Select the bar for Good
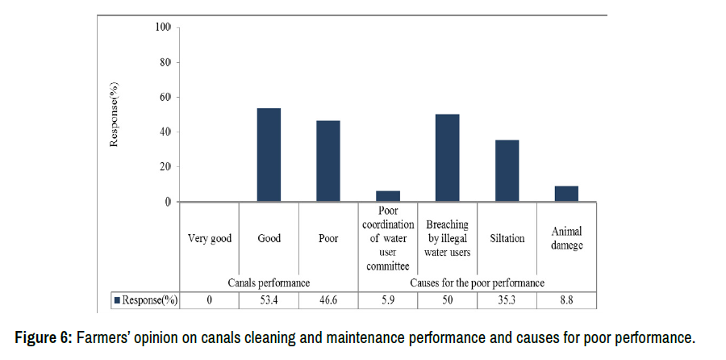point(269,155)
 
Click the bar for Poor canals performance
point(328,161)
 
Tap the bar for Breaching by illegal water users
point(447,158)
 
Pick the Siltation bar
point(507,170)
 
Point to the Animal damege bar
point(566,194)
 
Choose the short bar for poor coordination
point(387,196)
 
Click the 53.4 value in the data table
point(269,299)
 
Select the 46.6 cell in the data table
point(328,299)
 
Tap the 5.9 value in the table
point(387,299)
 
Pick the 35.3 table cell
point(507,299)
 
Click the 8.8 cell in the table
point(566,299)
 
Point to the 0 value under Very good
point(210,299)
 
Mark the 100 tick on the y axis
point(163,28)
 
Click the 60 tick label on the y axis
point(165,98)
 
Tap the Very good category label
point(210,239)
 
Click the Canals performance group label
point(269,283)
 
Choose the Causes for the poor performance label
point(477,283)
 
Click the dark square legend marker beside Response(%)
point(118,299)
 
